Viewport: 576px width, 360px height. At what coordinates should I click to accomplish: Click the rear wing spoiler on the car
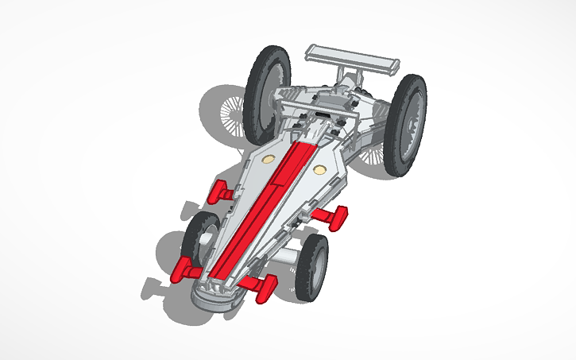pyautogui.click(x=350, y=56)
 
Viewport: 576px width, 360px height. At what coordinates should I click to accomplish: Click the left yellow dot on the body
pyautogui.click(x=268, y=159)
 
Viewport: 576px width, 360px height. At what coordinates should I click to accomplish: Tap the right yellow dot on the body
pyautogui.click(x=319, y=170)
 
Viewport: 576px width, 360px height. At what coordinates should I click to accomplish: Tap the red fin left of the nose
pyautogui.click(x=184, y=270)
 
